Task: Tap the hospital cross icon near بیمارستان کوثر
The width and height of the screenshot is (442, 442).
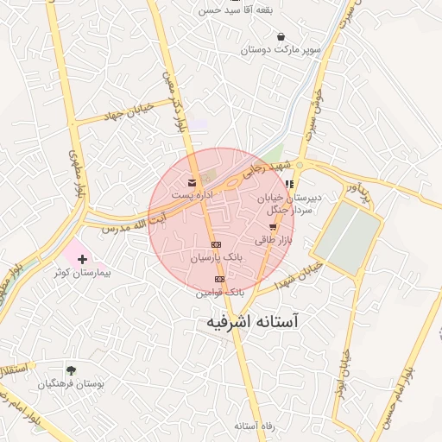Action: (x=82, y=259)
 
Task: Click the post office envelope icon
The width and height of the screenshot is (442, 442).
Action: (x=191, y=183)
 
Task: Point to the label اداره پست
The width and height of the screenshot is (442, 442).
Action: (x=191, y=196)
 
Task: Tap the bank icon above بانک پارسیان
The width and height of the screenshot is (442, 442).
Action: (x=216, y=244)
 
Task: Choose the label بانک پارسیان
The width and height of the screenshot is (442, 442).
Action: (x=216, y=257)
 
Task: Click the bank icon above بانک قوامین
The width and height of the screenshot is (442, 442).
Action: (x=219, y=280)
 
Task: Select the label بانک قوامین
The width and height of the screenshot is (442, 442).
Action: (x=220, y=293)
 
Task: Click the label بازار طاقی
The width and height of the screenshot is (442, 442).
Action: (x=276, y=240)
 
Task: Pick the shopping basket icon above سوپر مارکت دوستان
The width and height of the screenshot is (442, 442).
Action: (x=281, y=36)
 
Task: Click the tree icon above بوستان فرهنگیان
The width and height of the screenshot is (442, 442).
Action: (x=71, y=370)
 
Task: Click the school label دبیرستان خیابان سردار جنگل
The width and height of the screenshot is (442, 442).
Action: (x=289, y=203)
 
